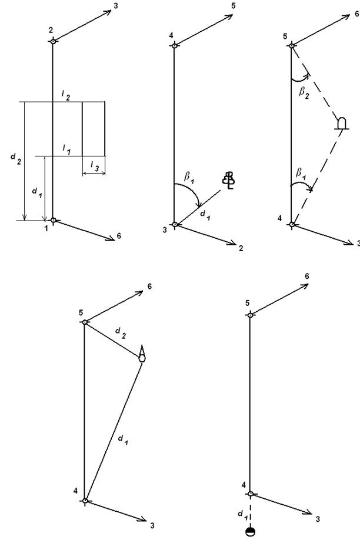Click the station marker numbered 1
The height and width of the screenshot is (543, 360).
[53, 221]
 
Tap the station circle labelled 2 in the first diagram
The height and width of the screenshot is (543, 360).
[53, 41]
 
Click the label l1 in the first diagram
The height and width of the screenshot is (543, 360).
[66, 150]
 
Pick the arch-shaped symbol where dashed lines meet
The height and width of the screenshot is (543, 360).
[341, 122]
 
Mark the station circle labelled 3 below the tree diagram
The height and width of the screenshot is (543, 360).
[174, 224]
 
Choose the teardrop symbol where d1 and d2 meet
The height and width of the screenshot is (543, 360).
[142, 355]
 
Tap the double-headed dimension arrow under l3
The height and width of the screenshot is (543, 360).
[93, 174]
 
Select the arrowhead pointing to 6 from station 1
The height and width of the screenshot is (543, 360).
[109, 238]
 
